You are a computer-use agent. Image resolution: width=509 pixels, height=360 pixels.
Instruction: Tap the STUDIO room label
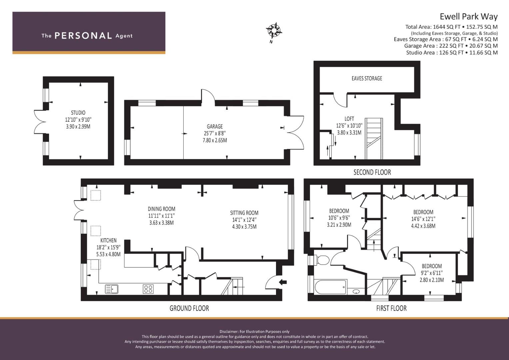tap(78, 113)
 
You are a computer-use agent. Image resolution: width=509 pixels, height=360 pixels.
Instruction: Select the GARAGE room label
tap(215, 126)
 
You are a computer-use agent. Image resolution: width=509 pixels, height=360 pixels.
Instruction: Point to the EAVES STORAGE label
tap(367, 78)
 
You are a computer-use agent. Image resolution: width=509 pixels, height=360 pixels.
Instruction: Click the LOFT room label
tap(349, 119)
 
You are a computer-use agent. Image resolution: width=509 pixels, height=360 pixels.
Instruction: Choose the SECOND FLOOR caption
tap(372, 172)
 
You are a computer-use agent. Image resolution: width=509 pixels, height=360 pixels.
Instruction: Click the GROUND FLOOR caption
tap(189, 308)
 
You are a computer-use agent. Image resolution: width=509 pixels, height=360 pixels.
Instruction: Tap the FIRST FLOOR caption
tap(391, 308)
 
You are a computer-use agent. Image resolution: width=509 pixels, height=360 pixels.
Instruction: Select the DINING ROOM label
tap(162, 209)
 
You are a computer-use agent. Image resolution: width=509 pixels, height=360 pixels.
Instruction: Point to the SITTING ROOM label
tap(244, 213)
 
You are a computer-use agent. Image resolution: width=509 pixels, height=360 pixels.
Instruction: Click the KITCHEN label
tap(108, 240)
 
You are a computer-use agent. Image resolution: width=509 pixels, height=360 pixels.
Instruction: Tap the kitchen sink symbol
tap(112, 289)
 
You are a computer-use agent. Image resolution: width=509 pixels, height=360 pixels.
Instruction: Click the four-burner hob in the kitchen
tap(148, 289)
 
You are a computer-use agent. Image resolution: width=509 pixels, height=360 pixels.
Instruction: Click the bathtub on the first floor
tap(330, 287)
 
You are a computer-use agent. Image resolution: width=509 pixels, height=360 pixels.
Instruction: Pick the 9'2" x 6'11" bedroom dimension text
tap(432, 273)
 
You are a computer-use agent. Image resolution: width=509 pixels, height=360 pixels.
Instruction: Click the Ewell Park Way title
tap(469, 17)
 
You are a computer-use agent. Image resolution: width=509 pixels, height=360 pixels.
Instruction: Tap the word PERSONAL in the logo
tap(83, 36)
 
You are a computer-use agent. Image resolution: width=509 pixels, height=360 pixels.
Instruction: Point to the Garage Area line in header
tap(451, 46)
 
